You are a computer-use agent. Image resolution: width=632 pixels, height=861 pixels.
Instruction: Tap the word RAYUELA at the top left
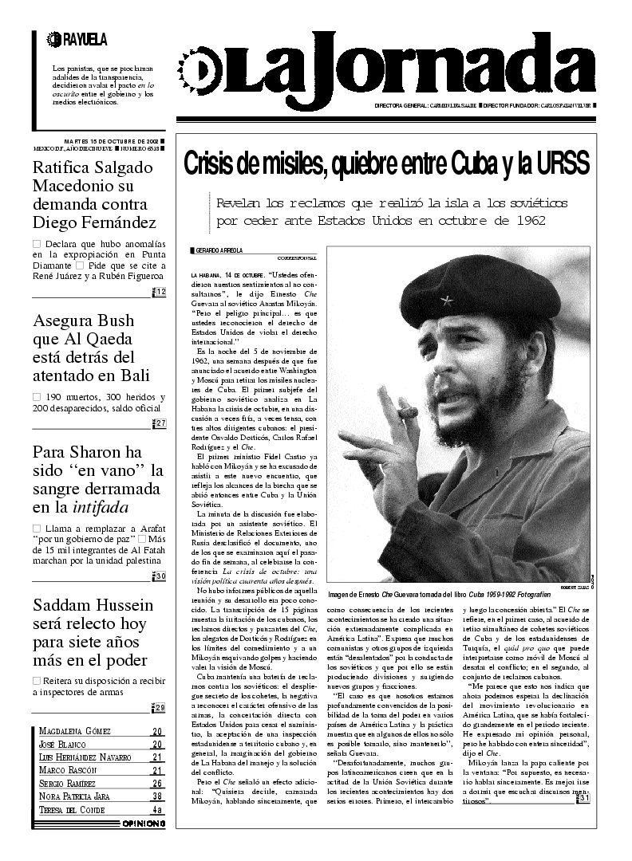pos(84,38)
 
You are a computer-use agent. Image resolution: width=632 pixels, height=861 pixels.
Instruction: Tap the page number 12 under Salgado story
pos(160,292)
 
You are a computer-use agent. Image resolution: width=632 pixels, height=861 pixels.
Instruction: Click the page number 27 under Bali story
pos(160,423)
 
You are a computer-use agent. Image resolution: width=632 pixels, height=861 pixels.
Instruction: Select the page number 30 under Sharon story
pos(160,576)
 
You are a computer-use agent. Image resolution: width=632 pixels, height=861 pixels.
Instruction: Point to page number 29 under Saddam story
pos(160,707)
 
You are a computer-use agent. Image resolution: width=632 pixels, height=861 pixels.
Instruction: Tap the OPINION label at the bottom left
pos(144,823)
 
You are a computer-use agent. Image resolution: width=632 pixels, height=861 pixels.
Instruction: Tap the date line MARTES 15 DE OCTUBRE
pos(110,141)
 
